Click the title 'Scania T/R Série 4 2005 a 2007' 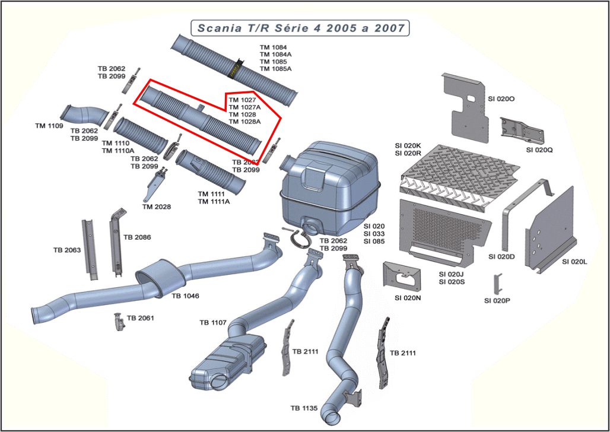point(301,28)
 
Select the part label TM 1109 point(49,126)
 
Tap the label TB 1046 point(185,296)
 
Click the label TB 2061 point(140,318)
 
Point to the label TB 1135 point(304,408)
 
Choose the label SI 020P point(497,301)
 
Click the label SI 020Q point(539,150)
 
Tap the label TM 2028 point(157,207)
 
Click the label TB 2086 point(137,237)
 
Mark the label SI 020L point(574,262)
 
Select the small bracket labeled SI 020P point(499,283)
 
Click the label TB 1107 point(213,323)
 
